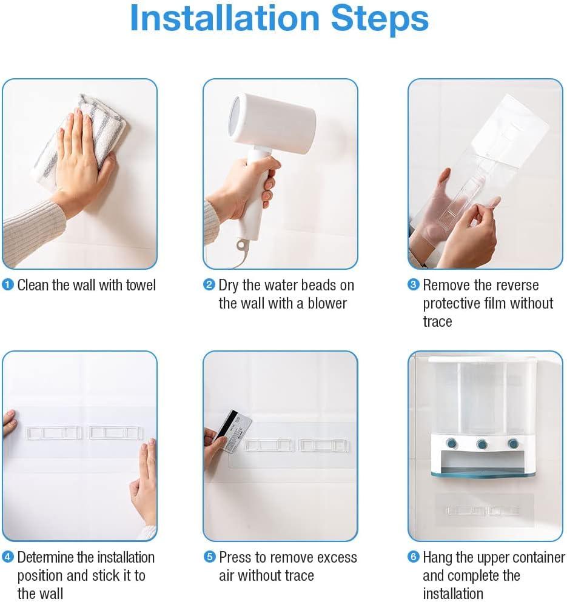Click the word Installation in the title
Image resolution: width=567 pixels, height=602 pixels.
click(x=225, y=18)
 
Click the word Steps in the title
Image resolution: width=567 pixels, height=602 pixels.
click(x=380, y=20)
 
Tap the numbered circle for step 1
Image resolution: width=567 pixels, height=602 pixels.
click(x=8, y=285)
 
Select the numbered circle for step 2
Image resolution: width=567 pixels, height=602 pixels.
click(x=209, y=285)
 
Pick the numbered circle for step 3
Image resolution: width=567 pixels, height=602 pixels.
click(x=414, y=285)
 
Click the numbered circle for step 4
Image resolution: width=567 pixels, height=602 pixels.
click(x=8, y=557)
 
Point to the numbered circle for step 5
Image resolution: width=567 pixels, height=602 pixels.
click(x=209, y=557)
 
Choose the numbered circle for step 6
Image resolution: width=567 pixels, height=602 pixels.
click(x=414, y=557)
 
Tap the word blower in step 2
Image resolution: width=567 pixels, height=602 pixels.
click(x=327, y=303)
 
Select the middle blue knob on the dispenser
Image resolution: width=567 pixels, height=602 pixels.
click(x=482, y=444)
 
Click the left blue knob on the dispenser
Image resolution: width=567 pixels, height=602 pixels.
click(x=452, y=443)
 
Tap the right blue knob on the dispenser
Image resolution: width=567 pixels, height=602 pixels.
click(x=513, y=444)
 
